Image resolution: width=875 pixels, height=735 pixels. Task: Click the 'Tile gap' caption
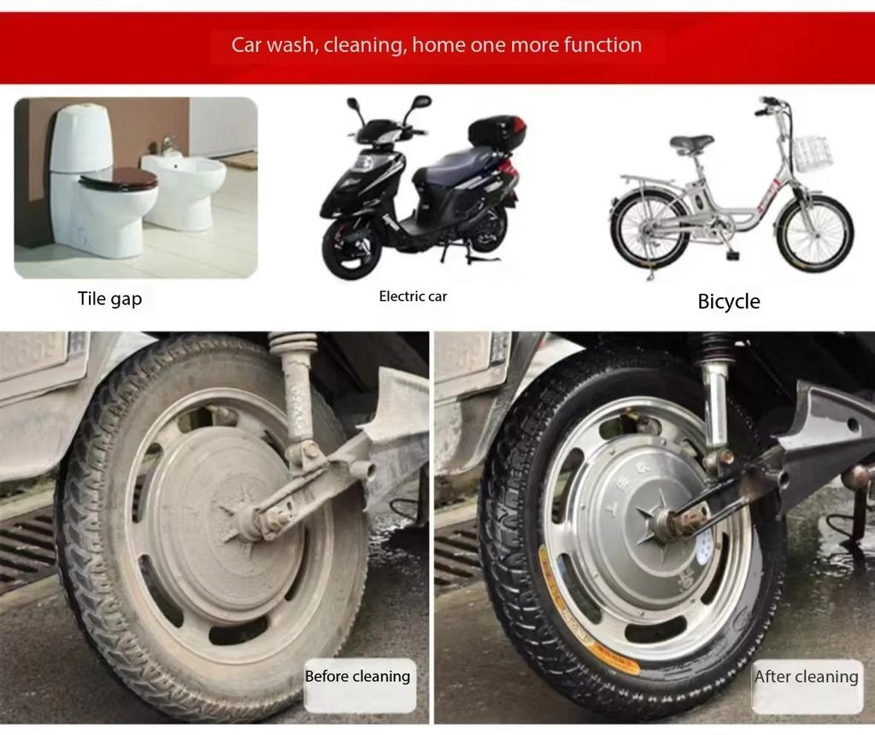coord(109,298)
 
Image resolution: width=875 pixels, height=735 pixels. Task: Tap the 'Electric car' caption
coord(413,297)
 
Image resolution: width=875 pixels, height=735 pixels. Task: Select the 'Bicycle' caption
coord(729,302)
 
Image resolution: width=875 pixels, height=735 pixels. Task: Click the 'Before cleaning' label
coord(357,676)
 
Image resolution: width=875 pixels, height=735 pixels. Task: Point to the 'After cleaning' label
coord(806,677)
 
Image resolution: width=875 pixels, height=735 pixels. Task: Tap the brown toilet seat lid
coord(120,179)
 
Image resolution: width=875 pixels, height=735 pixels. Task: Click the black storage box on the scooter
coord(496,132)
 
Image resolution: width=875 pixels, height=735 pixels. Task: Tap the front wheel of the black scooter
coord(351,247)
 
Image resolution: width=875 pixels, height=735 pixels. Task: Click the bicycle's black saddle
coord(691,143)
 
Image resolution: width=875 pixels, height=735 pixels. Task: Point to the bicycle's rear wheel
coord(649,230)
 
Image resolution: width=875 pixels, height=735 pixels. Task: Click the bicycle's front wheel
coord(814,233)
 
